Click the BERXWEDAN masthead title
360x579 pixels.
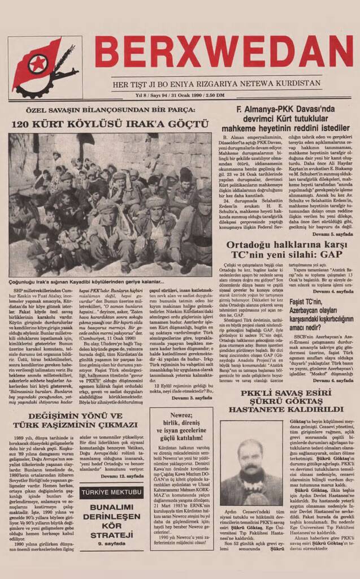pos(223,52)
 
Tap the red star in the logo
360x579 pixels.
pos(37,63)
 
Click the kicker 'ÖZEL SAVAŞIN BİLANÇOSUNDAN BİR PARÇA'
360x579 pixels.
pos(111,112)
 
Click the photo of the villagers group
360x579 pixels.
pos(110,205)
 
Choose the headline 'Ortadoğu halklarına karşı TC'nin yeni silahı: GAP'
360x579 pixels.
pos(286,250)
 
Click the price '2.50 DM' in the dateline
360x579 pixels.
pos(215,94)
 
